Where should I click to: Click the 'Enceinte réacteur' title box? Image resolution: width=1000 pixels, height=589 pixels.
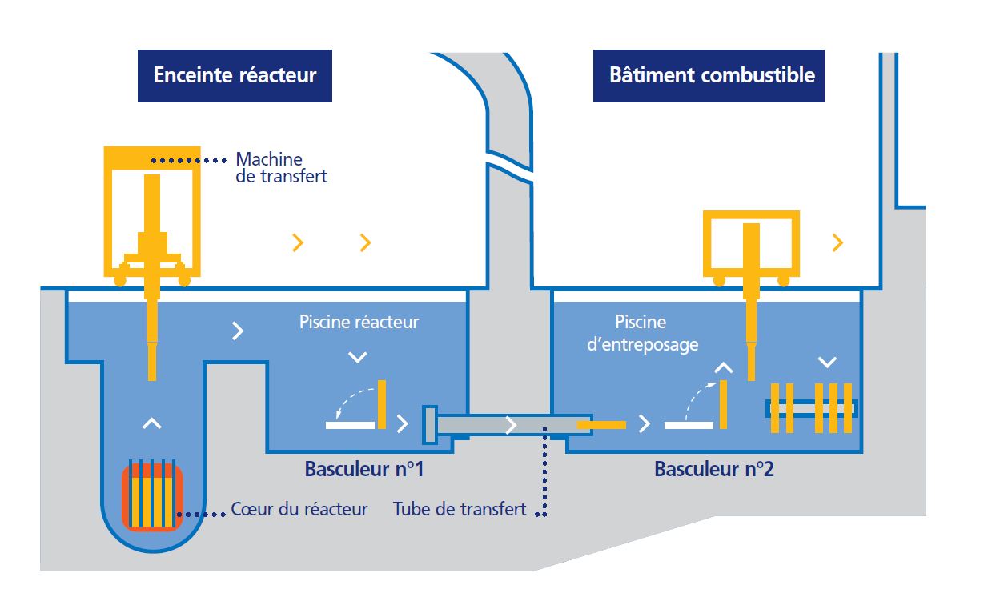[x=235, y=76]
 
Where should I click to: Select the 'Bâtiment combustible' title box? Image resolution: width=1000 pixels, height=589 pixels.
[x=709, y=76]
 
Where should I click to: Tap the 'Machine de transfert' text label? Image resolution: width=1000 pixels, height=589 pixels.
[x=281, y=168]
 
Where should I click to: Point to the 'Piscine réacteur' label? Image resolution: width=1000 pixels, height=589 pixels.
[x=359, y=322]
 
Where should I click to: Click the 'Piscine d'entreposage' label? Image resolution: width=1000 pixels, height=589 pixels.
[x=642, y=334]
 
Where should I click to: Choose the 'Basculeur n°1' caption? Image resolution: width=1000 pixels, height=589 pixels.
[x=363, y=469]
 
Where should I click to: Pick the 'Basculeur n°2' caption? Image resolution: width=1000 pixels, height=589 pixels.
[x=714, y=469]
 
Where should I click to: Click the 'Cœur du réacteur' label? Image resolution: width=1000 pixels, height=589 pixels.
[x=299, y=509]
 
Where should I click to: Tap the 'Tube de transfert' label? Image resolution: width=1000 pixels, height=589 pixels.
[x=460, y=509]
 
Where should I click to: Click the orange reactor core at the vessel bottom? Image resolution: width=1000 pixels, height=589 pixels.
[x=152, y=497]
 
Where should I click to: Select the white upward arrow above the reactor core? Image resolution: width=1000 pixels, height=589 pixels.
[x=152, y=423]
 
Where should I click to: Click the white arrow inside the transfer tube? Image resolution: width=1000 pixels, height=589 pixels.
[x=511, y=425]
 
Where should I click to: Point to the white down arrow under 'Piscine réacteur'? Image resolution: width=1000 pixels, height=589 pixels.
[x=358, y=357]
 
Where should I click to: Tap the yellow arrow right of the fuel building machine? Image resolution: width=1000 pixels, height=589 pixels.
[x=837, y=242]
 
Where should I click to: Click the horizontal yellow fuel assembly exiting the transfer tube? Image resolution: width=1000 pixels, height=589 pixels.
[x=601, y=425]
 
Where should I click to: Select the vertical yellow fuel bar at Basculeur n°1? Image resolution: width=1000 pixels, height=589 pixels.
[x=382, y=404]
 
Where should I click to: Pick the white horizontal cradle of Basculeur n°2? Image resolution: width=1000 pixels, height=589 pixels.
[x=689, y=425]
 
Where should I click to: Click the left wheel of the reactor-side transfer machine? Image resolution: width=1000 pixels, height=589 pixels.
[x=120, y=280]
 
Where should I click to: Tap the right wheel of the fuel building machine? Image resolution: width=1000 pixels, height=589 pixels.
[x=784, y=280]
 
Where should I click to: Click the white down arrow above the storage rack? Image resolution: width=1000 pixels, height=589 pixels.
[x=827, y=362]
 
